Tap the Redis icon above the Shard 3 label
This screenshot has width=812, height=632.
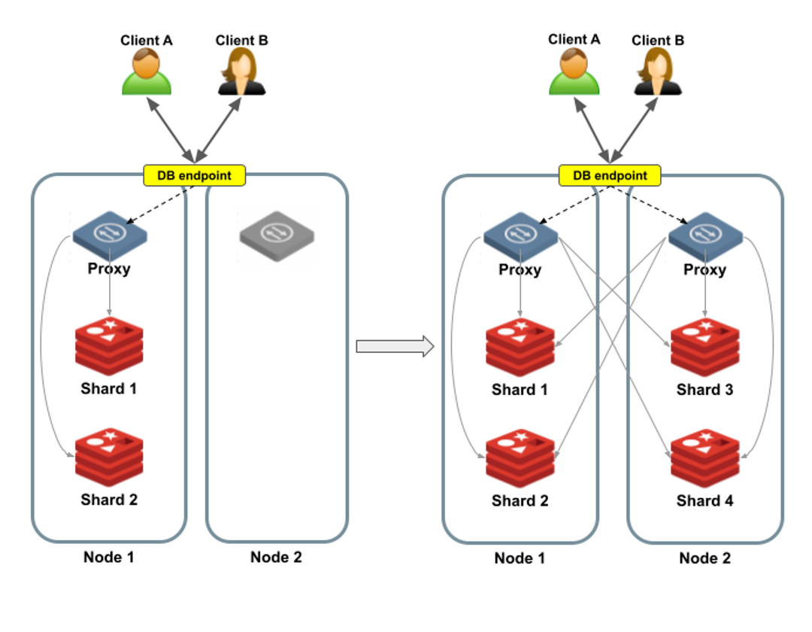pyautogui.click(x=704, y=348)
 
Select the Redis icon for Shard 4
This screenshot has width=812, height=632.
pyautogui.click(x=704, y=458)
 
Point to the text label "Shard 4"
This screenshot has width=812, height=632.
pyautogui.click(x=704, y=500)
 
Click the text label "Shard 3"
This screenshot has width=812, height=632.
pyautogui.click(x=704, y=390)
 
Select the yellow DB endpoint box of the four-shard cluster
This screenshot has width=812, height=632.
pyautogui.click(x=610, y=175)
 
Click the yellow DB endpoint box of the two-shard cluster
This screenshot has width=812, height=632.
pyautogui.click(x=194, y=175)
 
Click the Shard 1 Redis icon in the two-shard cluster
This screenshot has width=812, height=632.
pyautogui.click(x=109, y=347)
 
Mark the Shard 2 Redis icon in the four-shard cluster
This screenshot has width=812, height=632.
pyautogui.click(x=520, y=458)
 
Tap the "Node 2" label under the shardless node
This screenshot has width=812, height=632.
pyautogui.click(x=276, y=558)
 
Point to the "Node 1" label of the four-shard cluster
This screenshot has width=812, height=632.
pyautogui.click(x=520, y=558)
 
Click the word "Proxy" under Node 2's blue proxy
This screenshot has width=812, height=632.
pyautogui.click(x=704, y=269)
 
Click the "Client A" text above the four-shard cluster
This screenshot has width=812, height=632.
pyautogui.click(x=574, y=39)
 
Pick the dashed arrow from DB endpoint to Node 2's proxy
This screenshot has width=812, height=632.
pyautogui.click(x=651, y=204)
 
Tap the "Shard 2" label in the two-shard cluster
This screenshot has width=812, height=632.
pyautogui.click(x=109, y=500)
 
